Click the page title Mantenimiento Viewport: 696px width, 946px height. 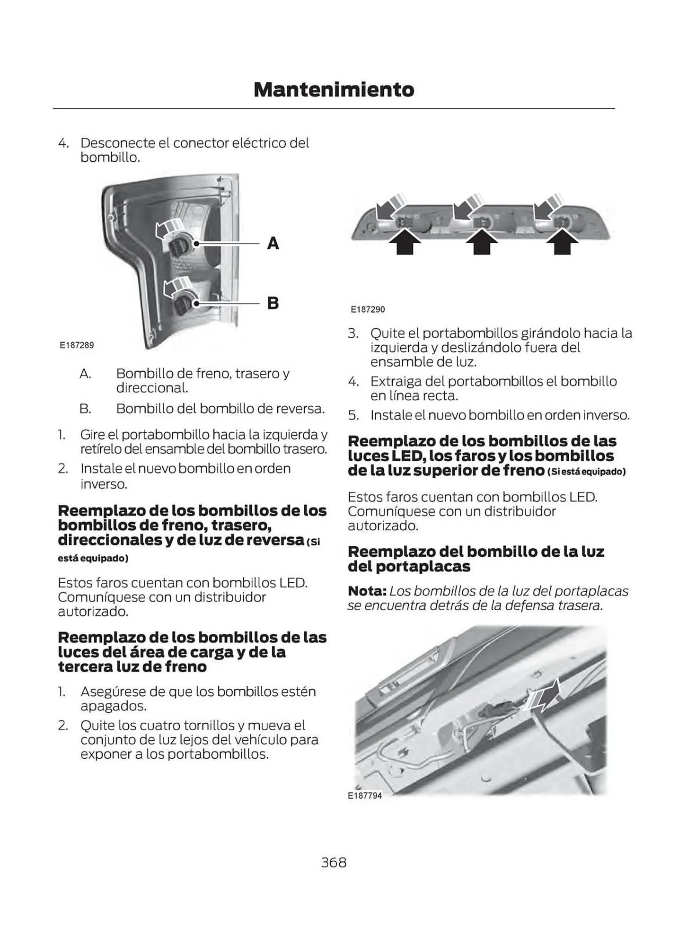point(334,89)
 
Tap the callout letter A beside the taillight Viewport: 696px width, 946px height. point(273,243)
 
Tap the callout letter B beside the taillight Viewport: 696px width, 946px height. point(273,303)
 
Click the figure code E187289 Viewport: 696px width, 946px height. point(77,345)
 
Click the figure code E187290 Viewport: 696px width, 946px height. point(368,309)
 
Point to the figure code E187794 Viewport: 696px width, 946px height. point(364,795)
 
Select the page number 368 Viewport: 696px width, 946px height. point(334,862)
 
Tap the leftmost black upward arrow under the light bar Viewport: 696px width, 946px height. point(405,242)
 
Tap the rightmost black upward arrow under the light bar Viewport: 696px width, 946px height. point(562,242)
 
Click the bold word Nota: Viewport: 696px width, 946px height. point(367,591)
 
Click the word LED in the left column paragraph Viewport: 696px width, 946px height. point(293,582)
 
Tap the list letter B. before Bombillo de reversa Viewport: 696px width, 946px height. point(85,408)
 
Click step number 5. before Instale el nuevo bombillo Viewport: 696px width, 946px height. point(353,415)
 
